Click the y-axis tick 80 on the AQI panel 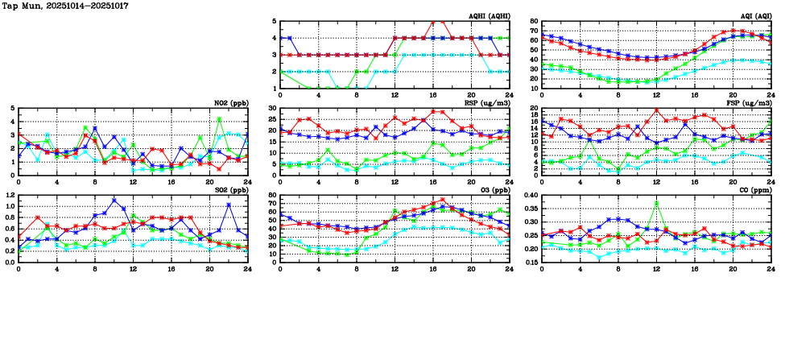point(534,22)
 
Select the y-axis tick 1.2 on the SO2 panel point(10,195)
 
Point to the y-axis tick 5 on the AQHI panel point(275,22)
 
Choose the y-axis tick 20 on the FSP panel point(534,109)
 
